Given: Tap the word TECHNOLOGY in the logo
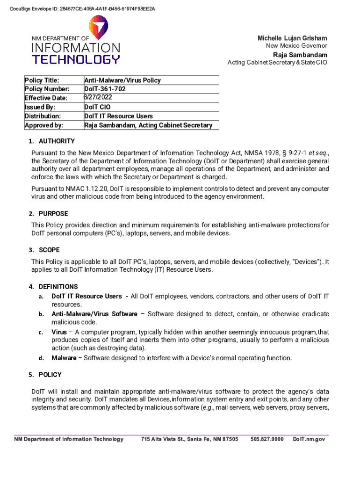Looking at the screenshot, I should click(76, 59).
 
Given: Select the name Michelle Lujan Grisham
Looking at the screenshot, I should click(292, 38).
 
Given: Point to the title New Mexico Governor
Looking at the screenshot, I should click(296, 46).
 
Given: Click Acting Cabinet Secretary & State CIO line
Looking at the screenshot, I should click(277, 62).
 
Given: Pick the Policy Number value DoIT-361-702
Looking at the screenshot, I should click(105, 89).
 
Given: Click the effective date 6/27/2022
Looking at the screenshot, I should click(98, 98).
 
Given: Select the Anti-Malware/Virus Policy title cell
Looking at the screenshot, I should click(122, 80).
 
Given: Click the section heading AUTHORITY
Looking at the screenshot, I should click(57, 141).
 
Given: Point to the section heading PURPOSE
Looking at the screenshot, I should click(53, 214).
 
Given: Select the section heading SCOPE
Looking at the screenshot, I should click(49, 250).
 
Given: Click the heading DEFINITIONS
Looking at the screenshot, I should click(58, 287).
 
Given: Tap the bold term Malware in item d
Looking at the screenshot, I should click(64, 358).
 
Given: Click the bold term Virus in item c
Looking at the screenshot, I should click(59, 332).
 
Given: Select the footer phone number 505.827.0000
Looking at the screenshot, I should click(267, 439).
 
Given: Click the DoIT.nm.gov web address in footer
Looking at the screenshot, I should click(309, 439).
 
